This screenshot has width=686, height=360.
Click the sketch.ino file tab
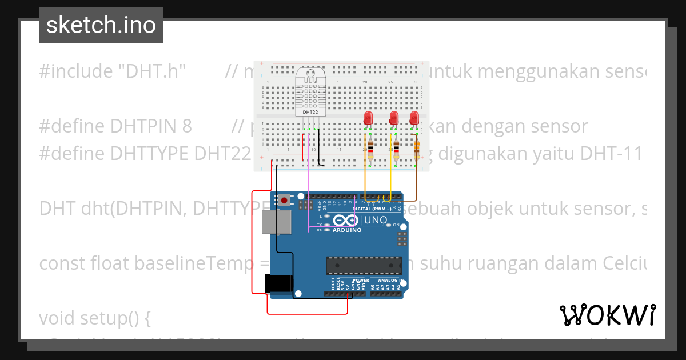pyautogui.click(x=101, y=25)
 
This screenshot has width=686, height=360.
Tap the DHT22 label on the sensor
pyautogui.click(x=310, y=112)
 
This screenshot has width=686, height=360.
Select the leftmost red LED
pyautogui.click(x=368, y=118)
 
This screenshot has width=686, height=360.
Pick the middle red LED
pyautogui.click(x=393, y=118)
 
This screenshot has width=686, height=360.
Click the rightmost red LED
pyautogui.click(x=415, y=118)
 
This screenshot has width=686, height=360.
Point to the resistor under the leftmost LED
pyautogui.click(x=370, y=149)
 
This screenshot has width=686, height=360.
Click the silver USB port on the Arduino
pyautogui.click(x=275, y=222)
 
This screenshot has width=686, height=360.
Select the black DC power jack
pyautogui.click(x=278, y=284)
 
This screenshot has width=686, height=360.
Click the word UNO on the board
pyautogui.click(x=376, y=220)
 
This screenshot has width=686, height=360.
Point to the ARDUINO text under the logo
pyautogui.click(x=347, y=230)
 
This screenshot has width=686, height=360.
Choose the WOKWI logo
pyautogui.click(x=607, y=315)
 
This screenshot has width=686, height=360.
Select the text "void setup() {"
pyautogui.click(x=95, y=318)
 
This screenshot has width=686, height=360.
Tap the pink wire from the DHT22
pyautogui.click(x=309, y=183)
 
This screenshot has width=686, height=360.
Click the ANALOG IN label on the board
pyautogui.click(x=389, y=281)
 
